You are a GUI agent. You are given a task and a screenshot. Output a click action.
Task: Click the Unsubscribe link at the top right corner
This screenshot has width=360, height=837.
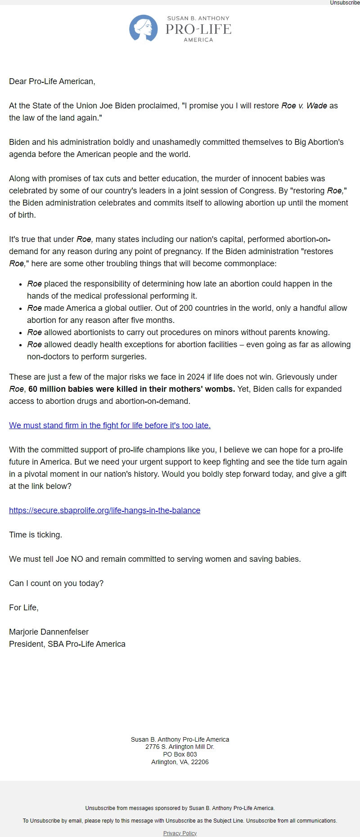coord(345,3)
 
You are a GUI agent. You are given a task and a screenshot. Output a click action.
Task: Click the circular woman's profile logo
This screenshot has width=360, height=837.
coord(143,28)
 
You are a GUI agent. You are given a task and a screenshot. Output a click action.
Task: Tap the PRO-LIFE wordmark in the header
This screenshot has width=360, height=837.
coord(198,29)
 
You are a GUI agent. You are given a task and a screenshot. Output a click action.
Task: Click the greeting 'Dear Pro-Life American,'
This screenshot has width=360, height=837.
coord(52,81)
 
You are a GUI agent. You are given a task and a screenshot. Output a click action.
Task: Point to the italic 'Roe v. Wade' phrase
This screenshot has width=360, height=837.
coord(304,106)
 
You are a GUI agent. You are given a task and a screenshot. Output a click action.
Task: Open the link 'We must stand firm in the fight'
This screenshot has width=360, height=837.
coord(109,425)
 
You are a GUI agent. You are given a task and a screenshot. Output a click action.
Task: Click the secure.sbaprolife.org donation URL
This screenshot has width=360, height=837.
coord(104,510)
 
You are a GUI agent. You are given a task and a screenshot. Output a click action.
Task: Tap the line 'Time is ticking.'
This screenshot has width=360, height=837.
coord(36,535)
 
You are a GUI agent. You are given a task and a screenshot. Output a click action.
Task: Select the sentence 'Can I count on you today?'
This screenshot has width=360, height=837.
coord(56,583)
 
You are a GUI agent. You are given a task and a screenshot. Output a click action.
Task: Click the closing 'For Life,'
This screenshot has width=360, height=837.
coord(24,608)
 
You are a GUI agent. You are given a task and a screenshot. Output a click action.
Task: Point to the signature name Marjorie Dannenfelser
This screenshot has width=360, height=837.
coord(49,632)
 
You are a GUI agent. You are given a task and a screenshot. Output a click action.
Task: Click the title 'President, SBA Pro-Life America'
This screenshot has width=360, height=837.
coord(67,644)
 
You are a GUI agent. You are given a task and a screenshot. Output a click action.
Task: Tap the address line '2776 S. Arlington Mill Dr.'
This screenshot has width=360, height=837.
coord(180,747)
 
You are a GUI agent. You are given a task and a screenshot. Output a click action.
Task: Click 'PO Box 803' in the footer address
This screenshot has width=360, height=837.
coord(180,754)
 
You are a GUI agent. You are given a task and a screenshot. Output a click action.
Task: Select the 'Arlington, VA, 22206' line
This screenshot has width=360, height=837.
coord(180,762)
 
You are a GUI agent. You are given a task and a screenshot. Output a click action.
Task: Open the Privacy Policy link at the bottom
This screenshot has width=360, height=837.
coord(180,833)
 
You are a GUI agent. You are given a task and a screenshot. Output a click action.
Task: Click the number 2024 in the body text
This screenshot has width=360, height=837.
coord(195,377)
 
